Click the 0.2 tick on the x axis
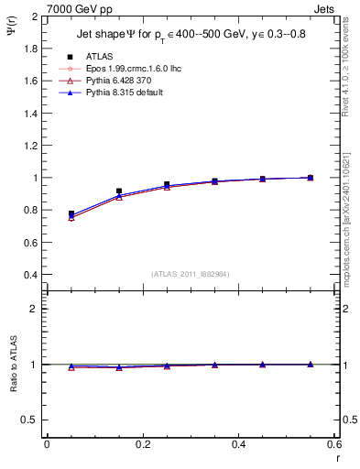point(142,444)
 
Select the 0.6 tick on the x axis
point(333,444)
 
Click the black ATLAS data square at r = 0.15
point(119,191)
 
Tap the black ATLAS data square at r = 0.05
point(71,213)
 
